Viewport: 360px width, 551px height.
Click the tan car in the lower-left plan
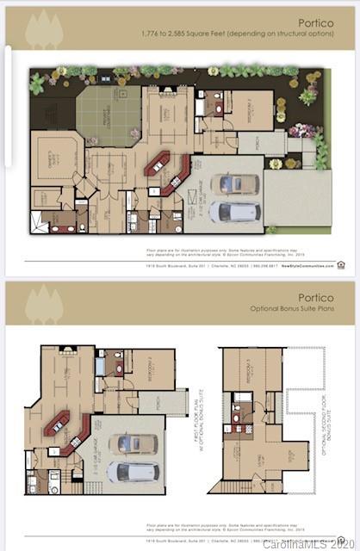134,444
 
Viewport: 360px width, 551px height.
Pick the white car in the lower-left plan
133,472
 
